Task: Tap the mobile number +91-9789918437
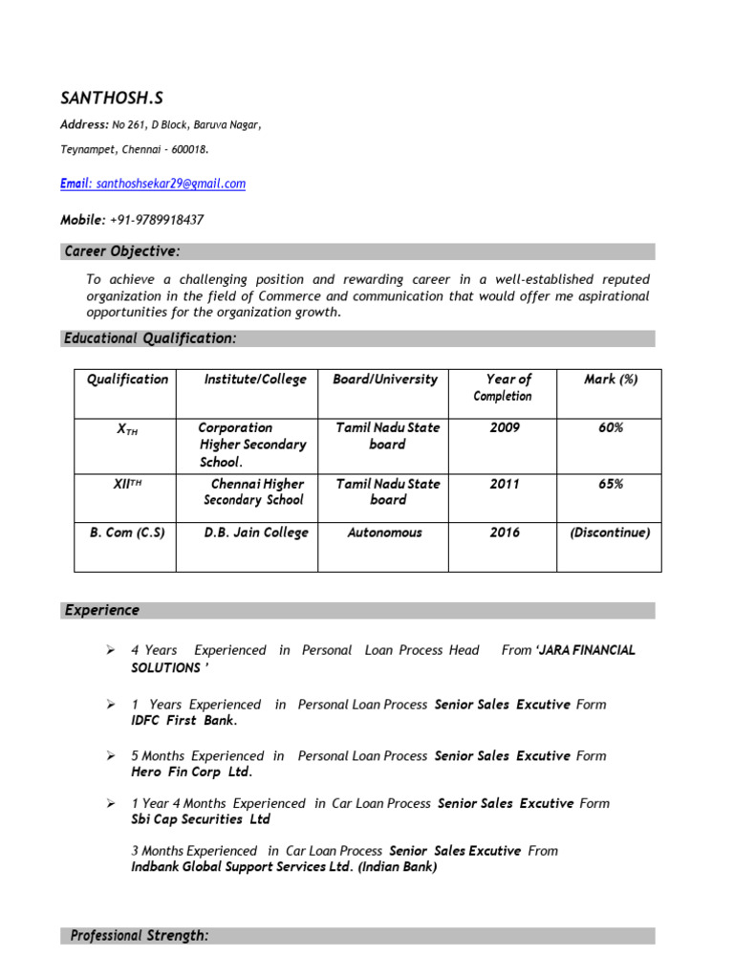pos(156,220)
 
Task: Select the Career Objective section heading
pos(121,251)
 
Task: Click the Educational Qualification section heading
pos(149,338)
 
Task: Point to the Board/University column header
pos(385,380)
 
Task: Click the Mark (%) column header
pos(611,380)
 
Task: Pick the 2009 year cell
pos(505,428)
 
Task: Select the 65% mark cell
pos(611,484)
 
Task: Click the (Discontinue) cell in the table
pos(610,533)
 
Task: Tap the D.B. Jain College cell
pos(256,533)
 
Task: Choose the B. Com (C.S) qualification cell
pos(127,533)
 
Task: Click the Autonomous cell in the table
pos(385,533)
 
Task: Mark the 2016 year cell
pos(505,533)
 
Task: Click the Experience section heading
pos(102,610)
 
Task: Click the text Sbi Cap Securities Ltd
pos(201,819)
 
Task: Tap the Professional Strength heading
pos(140,936)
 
